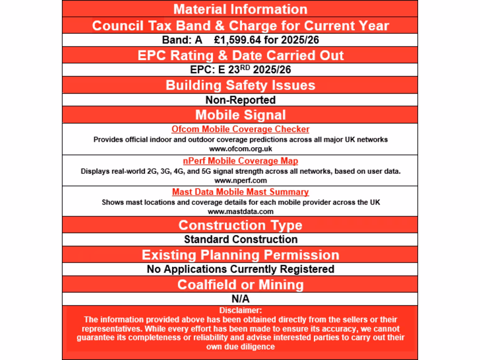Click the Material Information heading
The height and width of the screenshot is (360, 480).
(x=240, y=9)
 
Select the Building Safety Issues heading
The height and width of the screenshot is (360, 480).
(x=240, y=85)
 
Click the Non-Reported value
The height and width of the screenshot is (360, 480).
(x=240, y=100)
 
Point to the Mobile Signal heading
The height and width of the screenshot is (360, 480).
(x=240, y=115)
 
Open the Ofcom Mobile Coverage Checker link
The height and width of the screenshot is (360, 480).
(x=240, y=129)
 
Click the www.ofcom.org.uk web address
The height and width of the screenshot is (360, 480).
(x=240, y=149)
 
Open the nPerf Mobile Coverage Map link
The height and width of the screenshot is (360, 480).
(x=240, y=161)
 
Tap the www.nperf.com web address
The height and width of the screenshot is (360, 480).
(x=240, y=180)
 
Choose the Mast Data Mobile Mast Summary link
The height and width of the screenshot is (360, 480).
(x=240, y=192)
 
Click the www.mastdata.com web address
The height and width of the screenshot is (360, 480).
(x=240, y=211)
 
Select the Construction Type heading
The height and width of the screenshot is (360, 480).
(x=240, y=225)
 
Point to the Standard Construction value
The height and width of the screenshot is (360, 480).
(x=240, y=240)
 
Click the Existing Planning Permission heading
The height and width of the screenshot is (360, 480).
(x=240, y=255)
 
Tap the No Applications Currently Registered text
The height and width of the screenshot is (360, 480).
(x=240, y=269)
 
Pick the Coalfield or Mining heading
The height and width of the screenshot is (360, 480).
(x=240, y=285)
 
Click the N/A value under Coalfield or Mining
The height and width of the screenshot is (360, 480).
(x=240, y=299)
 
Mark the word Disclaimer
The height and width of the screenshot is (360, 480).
(x=240, y=310)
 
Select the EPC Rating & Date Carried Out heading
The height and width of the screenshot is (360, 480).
(x=240, y=55)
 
